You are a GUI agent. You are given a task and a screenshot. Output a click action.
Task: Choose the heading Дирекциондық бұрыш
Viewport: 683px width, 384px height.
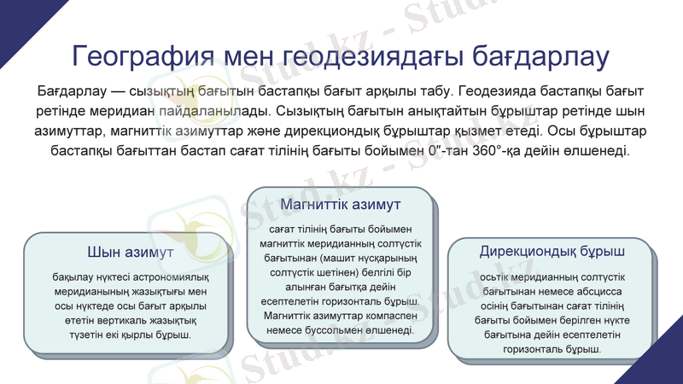point(552,252)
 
